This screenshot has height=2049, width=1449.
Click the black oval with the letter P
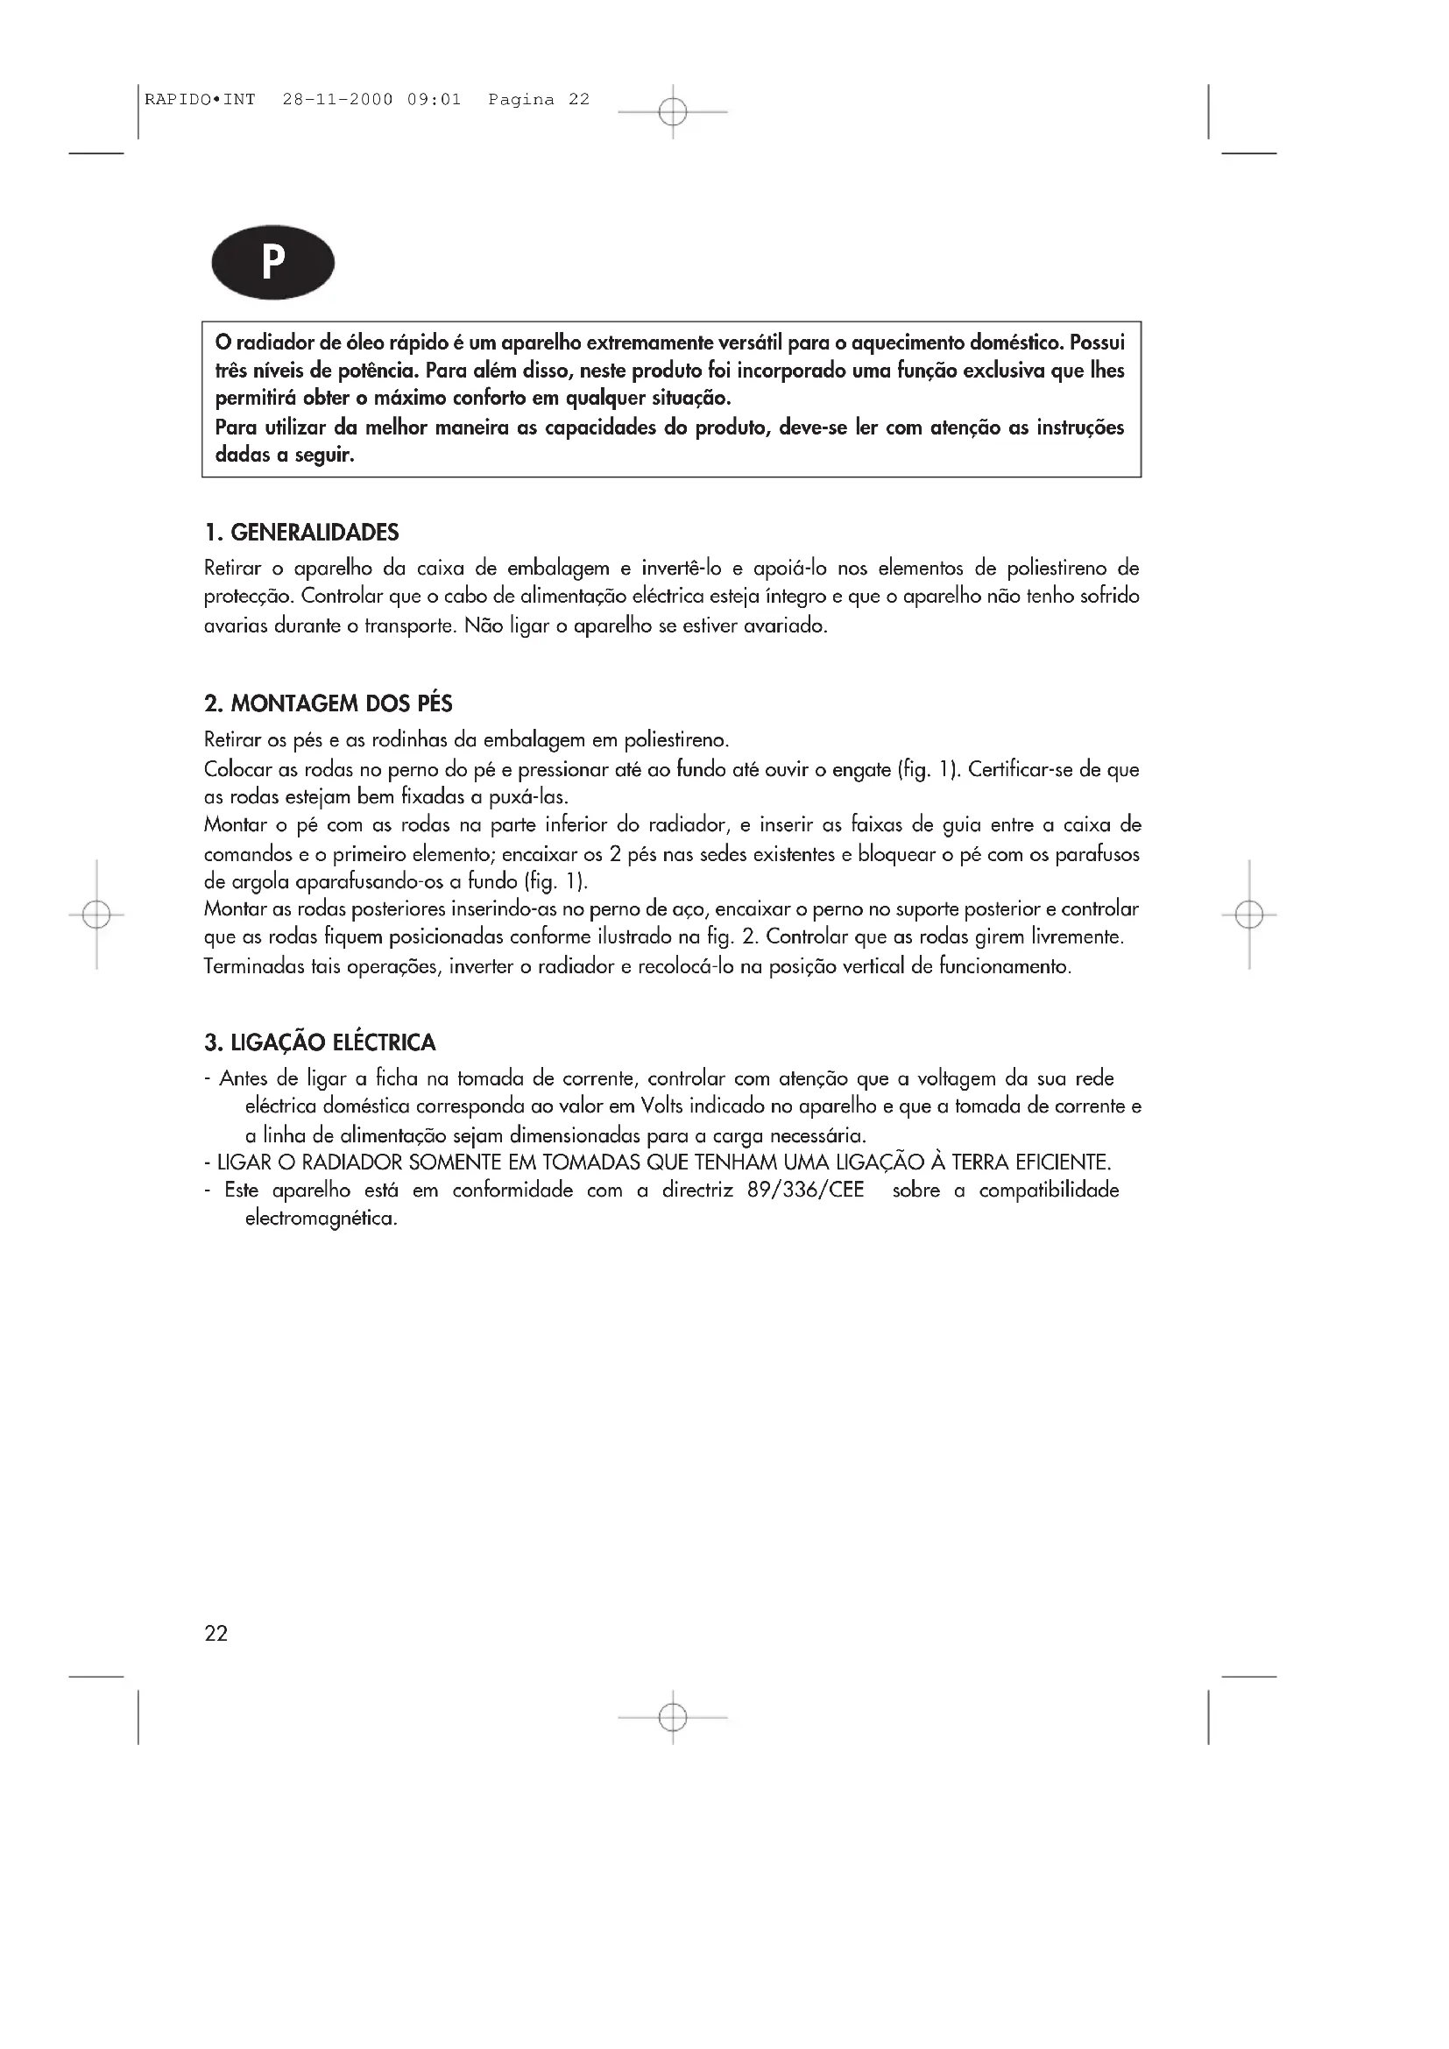point(272,264)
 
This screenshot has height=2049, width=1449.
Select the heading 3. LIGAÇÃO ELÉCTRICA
point(320,1042)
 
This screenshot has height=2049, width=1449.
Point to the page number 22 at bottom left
point(216,1633)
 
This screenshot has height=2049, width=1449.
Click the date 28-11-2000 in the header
point(337,100)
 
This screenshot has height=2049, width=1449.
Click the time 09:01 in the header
point(434,100)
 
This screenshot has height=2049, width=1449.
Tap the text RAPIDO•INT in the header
point(200,100)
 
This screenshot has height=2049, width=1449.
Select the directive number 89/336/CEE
point(806,1191)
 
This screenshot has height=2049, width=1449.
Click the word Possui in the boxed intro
point(1097,343)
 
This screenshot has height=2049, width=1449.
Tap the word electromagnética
point(321,1219)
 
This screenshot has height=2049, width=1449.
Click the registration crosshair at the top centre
point(673,112)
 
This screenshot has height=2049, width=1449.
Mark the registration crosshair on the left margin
point(96,915)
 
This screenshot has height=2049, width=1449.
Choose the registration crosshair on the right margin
point(1249,915)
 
